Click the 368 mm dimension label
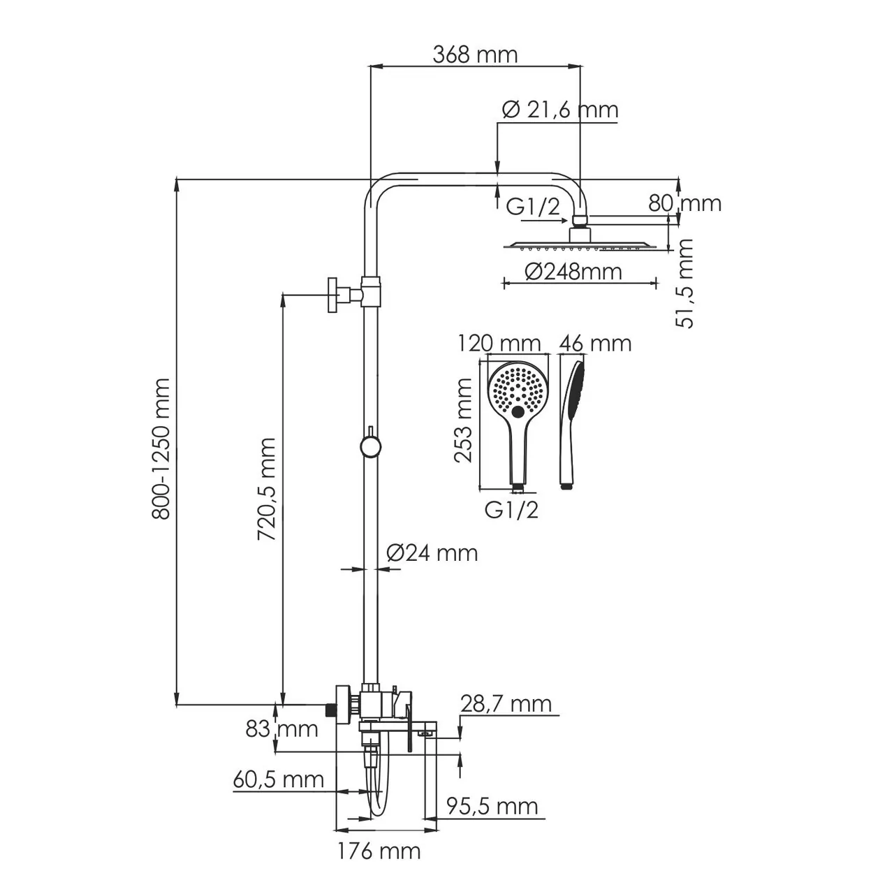coord(475,54)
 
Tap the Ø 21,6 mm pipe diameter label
coord(560,110)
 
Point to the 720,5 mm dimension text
coord(266,489)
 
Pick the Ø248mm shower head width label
coord(572,272)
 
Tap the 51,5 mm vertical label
coord(685,283)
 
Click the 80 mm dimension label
coord(684,203)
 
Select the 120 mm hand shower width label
coord(499,343)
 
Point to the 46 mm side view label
coord(596,343)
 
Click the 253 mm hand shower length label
coord(464,420)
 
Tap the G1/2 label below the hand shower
coord(511,511)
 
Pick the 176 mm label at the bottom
coord(379,851)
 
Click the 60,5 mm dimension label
coord(279,779)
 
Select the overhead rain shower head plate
coord(579,244)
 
